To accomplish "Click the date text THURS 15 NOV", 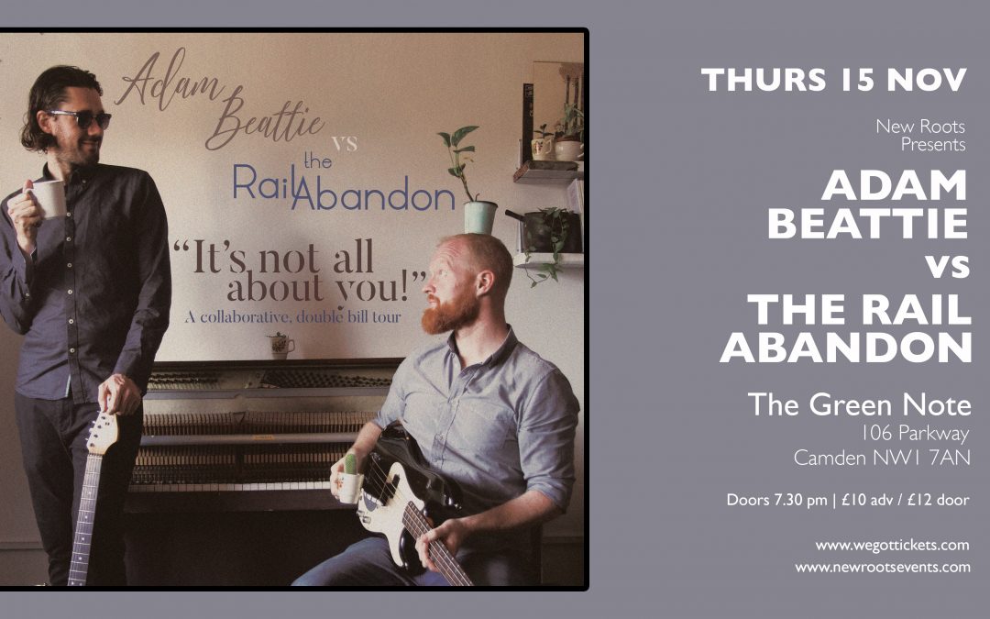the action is click(x=833, y=80).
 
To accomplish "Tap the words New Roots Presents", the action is click(x=920, y=135).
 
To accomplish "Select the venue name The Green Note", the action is click(x=859, y=404).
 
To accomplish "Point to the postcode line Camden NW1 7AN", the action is click(x=882, y=458).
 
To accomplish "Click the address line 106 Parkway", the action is click(x=916, y=433).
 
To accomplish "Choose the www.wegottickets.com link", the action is click(x=892, y=545).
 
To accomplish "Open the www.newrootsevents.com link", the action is click(x=883, y=568).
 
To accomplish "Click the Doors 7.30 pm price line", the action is click(x=848, y=501).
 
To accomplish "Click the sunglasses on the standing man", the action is click(x=81, y=118).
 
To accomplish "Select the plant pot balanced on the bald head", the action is click(x=479, y=216).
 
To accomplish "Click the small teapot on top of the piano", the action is click(x=280, y=345).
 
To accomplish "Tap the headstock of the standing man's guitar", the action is click(x=103, y=432).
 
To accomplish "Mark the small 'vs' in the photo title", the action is click(x=344, y=143).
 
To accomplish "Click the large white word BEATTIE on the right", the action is click(x=867, y=224).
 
